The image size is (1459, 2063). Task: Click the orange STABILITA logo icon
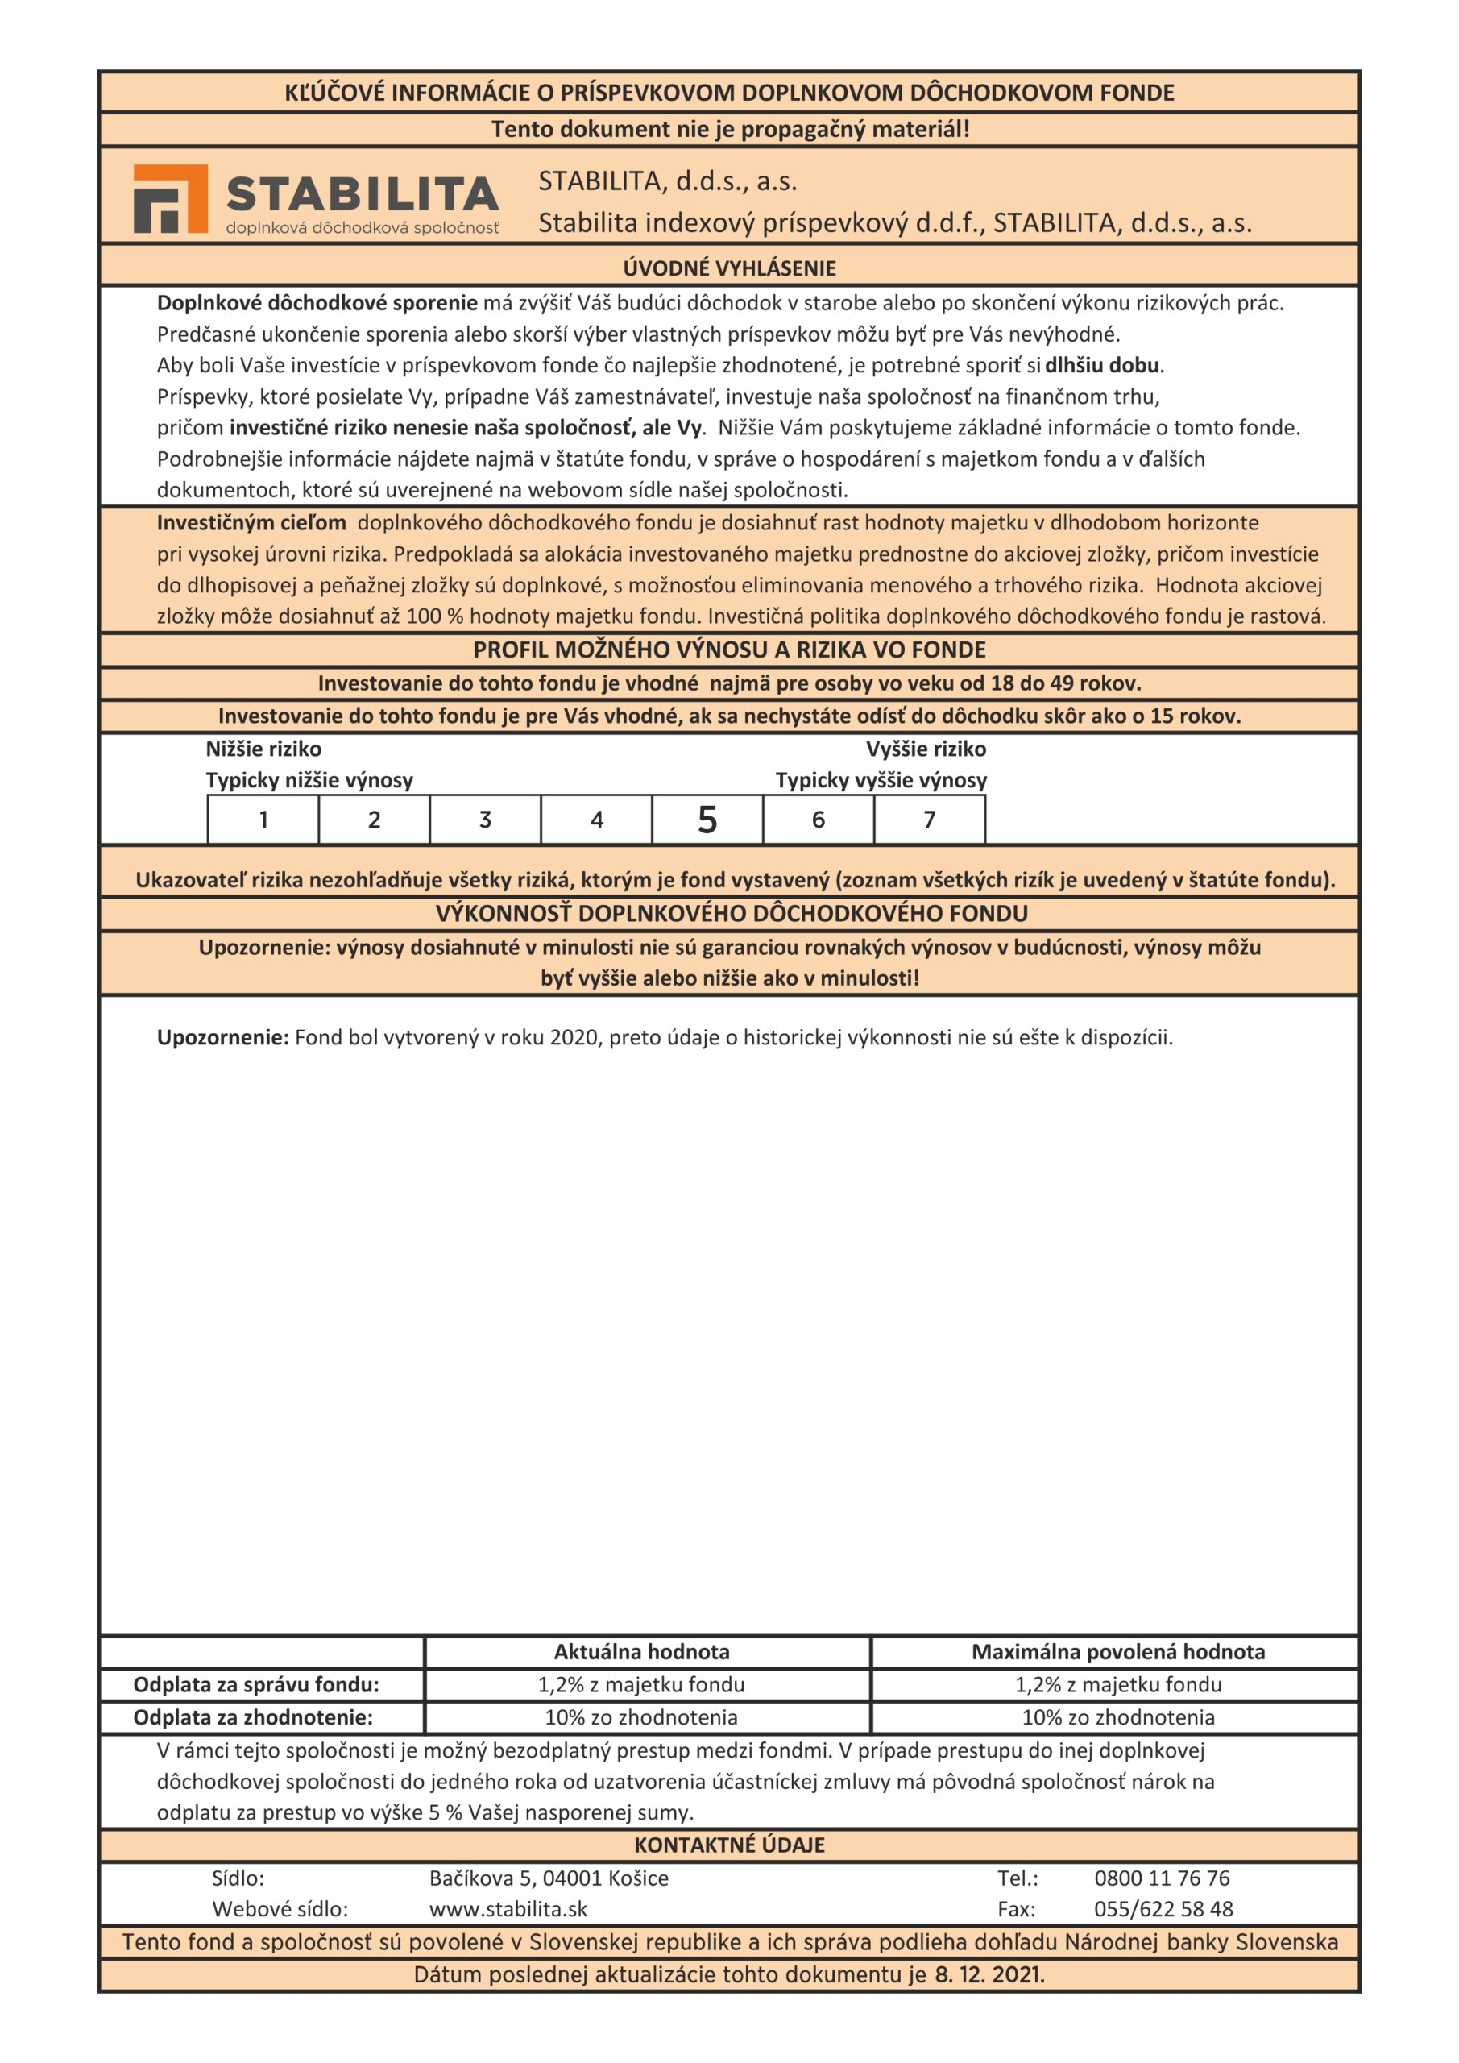click(x=170, y=198)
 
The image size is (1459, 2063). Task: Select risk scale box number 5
click(x=707, y=820)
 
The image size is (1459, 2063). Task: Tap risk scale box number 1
click(x=263, y=820)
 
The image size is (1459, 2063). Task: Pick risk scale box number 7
click(x=929, y=820)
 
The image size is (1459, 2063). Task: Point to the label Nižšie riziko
click(x=263, y=749)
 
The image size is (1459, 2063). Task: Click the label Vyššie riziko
click(x=926, y=749)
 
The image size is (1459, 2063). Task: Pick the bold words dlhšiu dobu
click(x=1101, y=365)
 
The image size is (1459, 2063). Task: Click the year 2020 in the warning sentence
click(x=573, y=1038)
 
